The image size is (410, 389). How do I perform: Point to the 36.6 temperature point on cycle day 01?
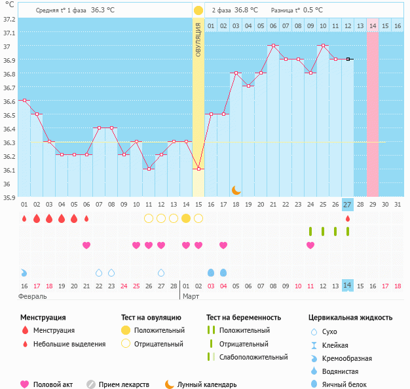(24, 101)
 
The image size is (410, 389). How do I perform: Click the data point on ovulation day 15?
(198, 169)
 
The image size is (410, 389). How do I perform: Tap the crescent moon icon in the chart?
(236, 190)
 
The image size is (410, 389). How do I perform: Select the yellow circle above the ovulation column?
(198, 10)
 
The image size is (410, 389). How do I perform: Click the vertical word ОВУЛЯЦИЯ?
(198, 39)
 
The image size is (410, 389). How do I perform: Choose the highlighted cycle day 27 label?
(348, 205)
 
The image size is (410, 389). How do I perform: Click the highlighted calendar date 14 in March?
(348, 286)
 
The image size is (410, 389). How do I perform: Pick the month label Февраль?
(33, 296)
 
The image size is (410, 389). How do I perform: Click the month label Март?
(191, 296)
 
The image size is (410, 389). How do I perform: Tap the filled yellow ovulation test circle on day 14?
(186, 218)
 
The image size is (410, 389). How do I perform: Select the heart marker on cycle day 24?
(310, 245)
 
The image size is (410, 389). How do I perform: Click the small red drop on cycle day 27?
(348, 218)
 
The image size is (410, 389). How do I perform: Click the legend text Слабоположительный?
(253, 357)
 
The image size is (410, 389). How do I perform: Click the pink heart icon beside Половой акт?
(25, 384)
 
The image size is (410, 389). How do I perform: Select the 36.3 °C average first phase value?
(102, 10)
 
